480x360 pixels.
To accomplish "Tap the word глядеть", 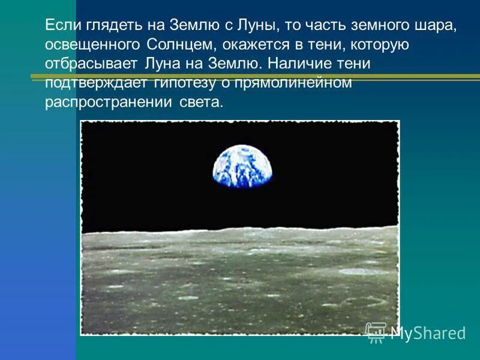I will pyautogui.click(x=117, y=26).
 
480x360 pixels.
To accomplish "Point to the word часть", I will pyautogui.click(x=331, y=26).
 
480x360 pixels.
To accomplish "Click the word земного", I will pyautogui.click(x=386, y=26).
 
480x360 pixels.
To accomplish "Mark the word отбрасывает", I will pyautogui.click(x=91, y=63).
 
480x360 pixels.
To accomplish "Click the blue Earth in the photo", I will pyautogui.click(x=242, y=163).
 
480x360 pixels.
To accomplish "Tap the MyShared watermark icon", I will pyautogui.click(x=376, y=332).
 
